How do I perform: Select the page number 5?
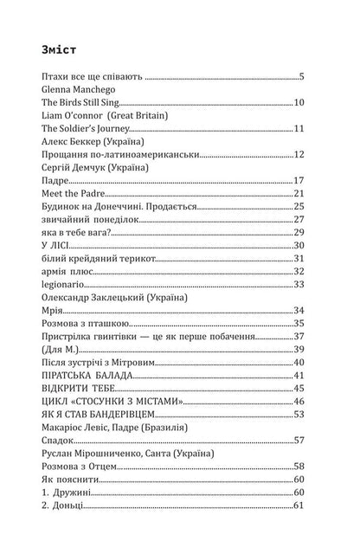301,76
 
